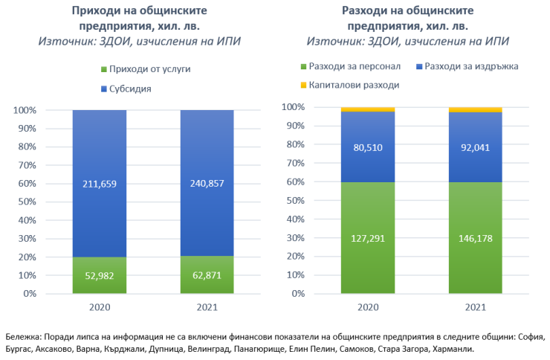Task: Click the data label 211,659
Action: click(x=100, y=183)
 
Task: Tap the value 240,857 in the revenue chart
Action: click(x=207, y=183)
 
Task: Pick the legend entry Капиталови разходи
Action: click(x=349, y=85)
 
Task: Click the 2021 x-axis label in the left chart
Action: click(x=207, y=307)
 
